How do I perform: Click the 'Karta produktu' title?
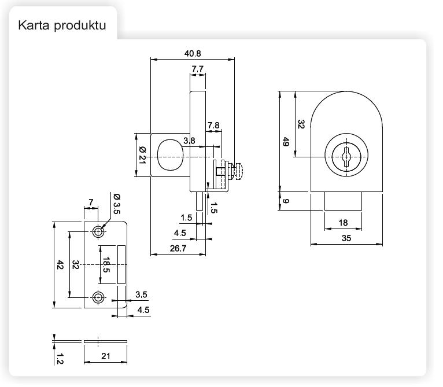(62, 26)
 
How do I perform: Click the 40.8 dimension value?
(193, 53)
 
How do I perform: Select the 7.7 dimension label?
(197, 69)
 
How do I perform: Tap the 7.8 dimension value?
(213, 125)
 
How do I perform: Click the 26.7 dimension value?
(178, 249)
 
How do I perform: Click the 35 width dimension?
(346, 238)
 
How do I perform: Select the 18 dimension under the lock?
(343, 223)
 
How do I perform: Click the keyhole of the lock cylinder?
(345, 157)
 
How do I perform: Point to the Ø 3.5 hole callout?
(116, 206)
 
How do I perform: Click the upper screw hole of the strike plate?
(98, 232)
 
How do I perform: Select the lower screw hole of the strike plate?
(98, 297)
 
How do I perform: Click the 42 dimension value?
(60, 265)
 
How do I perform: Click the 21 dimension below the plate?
(105, 356)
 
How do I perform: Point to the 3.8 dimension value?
(189, 141)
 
